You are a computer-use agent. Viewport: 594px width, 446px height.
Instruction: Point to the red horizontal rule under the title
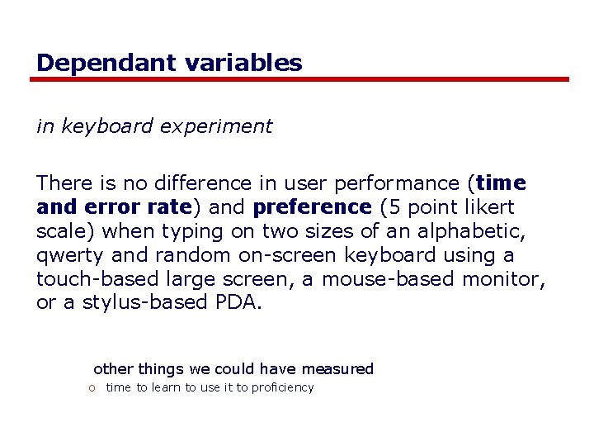point(299,79)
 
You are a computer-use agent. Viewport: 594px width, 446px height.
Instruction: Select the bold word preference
point(313,206)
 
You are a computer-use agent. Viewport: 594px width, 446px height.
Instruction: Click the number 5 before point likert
point(389,206)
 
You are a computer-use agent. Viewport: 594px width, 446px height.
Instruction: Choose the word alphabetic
point(490,231)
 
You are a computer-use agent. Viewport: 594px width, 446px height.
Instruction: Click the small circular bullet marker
point(96,388)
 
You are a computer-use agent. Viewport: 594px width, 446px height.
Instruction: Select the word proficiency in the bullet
point(283,388)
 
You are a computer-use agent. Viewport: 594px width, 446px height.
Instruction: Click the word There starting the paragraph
point(62,183)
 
